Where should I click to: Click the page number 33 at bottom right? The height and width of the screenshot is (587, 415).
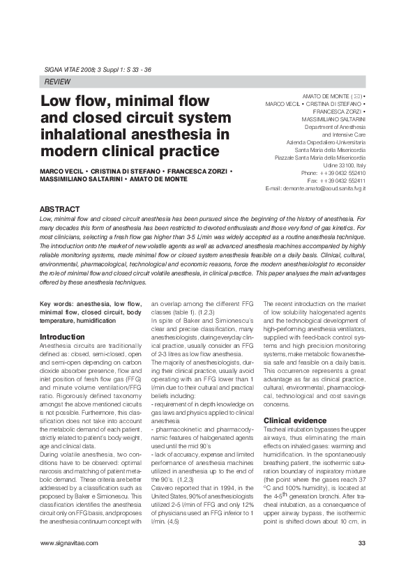click(x=361, y=542)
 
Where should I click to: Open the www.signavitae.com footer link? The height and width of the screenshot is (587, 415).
click(x=69, y=542)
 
